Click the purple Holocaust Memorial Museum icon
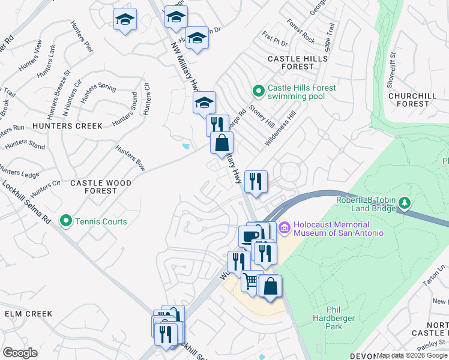pyautogui.click(x=285, y=227)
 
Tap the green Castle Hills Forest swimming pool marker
pyautogui.click(x=259, y=91)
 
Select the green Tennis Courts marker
pyautogui.click(x=66, y=221)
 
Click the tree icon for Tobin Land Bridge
pyautogui.click(x=405, y=203)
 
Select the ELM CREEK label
pyautogui.click(x=28, y=313)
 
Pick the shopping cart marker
pyautogui.click(x=251, y=281)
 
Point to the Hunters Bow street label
pyautogui.click(x=130, y=158)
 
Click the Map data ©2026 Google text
pyautogui.click(x=411, y=355)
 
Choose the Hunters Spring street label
pyautogui.click(x=98, y=94)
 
